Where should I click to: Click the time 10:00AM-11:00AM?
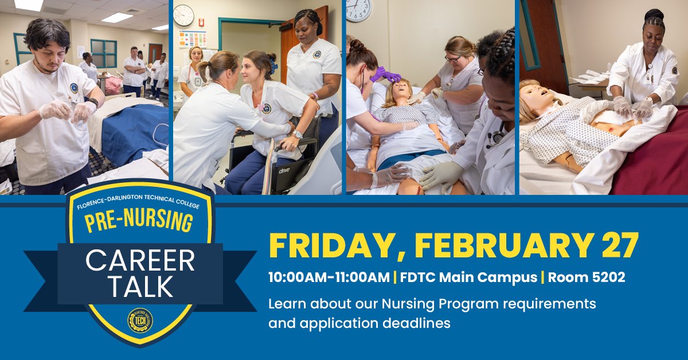click(329, 277)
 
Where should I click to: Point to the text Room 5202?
click(587, 277)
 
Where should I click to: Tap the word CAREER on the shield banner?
click(140, 261)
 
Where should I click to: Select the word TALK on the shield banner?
click(140, 287)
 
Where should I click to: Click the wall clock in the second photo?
click(183, 15)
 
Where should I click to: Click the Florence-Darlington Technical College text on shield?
click(139, 200)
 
